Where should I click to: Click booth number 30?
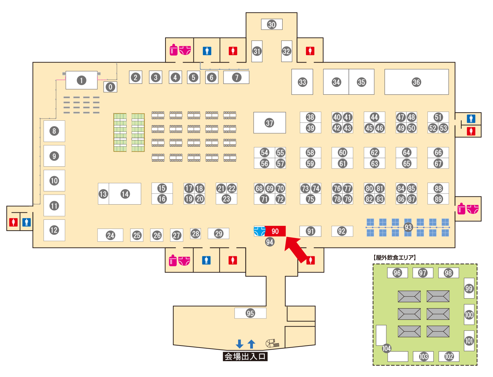272,24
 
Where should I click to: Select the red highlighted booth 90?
275,231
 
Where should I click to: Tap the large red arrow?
295,249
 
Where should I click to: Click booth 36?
416,82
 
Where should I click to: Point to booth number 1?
81,80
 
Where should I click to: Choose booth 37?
269,123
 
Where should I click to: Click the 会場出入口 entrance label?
245,356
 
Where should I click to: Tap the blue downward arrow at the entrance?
239,344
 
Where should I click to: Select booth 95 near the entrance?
250,313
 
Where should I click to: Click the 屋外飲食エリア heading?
395,258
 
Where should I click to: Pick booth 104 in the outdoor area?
386,348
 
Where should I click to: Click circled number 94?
269,242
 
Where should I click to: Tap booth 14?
125,194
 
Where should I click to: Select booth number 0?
110,87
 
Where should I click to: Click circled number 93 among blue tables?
408,227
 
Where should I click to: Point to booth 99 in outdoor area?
469,288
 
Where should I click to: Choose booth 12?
54,230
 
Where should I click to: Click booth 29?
218,233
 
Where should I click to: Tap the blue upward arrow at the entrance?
251,344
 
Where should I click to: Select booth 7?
237,77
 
